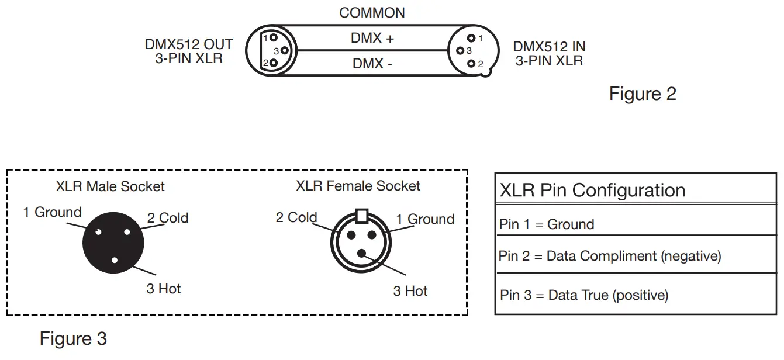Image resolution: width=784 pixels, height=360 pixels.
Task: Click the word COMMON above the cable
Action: point(372,13)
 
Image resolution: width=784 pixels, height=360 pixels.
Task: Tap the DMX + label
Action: point(372,39)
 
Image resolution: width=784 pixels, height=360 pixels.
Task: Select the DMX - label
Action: point(372,63)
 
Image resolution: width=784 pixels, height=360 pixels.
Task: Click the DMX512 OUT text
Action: point(189,45)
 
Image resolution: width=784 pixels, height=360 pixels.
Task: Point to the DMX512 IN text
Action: point(549,47)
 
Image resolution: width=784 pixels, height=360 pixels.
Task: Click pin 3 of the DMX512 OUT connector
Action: point(284,50)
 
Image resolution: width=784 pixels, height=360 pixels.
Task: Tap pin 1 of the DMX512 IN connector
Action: point(471,39)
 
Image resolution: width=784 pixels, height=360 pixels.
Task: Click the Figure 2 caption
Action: point(643,94)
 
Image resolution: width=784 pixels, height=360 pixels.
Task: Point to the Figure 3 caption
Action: point(73,338)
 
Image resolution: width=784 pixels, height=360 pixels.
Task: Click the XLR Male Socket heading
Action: point(110,186)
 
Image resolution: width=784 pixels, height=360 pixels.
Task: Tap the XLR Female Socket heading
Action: point(358,186)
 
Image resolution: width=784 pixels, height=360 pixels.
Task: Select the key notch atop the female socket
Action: point(361,216)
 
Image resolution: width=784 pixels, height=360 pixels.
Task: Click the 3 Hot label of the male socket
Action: point(163,289)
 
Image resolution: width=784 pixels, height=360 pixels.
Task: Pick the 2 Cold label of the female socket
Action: point(296,218)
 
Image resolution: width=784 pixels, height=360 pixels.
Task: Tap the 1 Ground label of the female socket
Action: point(425,219)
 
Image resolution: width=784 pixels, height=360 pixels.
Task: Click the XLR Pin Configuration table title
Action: point(592,191)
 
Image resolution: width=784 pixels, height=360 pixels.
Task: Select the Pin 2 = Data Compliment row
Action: point(610,256)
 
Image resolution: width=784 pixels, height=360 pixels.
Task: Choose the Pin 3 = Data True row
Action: point(584,295)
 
